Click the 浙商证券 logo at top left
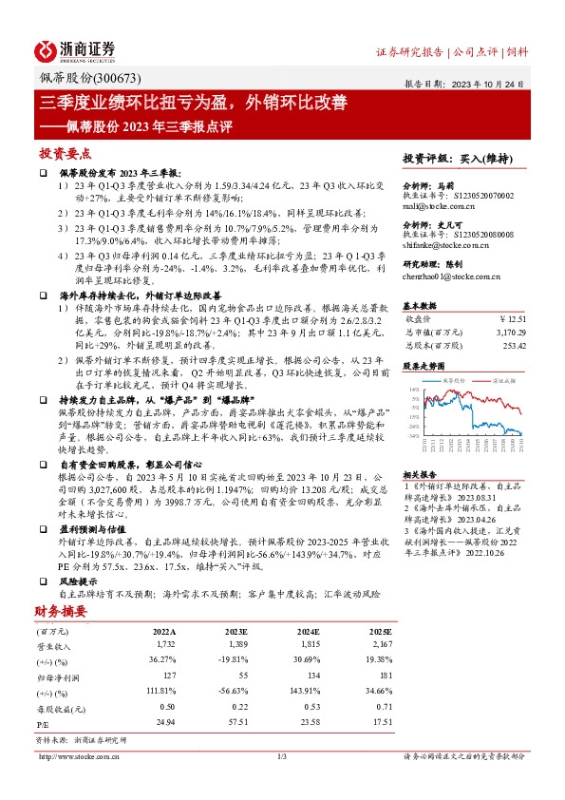(75, 48)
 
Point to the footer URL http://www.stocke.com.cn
(77, 756)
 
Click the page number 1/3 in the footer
(281, 756)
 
